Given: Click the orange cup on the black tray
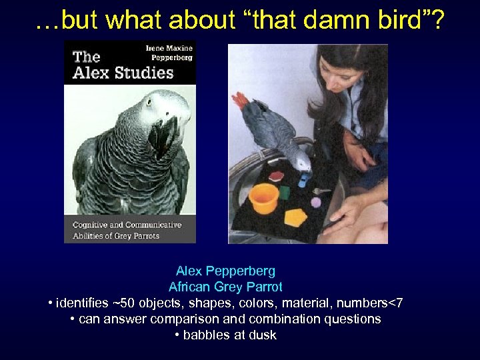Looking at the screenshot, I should coord(263,198).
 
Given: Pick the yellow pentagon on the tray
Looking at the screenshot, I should coord(295,217).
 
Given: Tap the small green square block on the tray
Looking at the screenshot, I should coord(284,193).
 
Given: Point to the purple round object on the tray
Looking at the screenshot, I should coord(315,202).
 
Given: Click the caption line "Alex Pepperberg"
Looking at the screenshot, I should coord(225,271).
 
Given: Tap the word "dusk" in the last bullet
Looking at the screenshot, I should coord(262,335).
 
